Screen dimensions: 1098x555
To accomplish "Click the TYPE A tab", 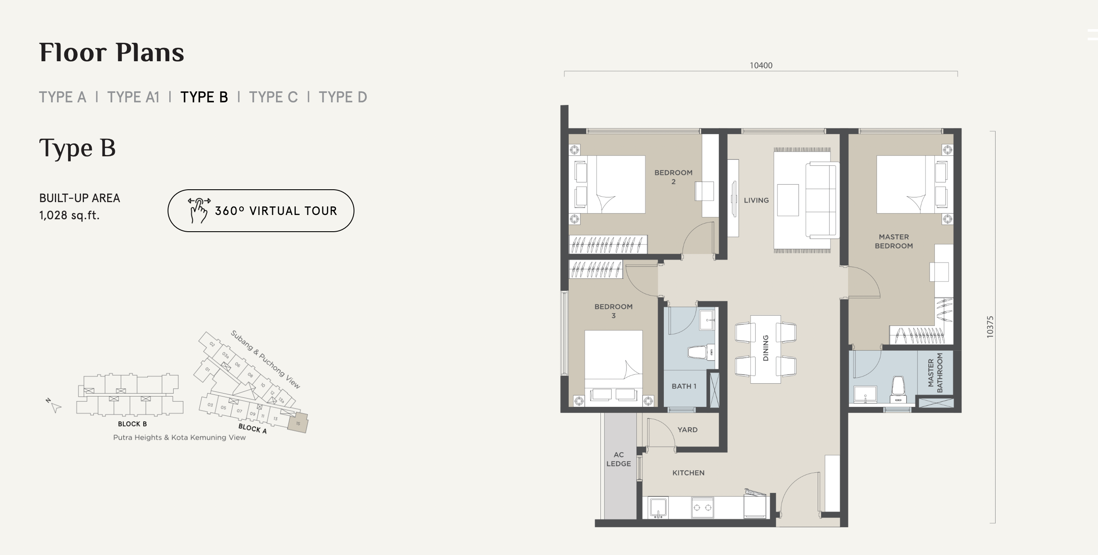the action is (x=63, y=97).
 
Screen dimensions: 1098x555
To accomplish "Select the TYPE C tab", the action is (x=273, y=97).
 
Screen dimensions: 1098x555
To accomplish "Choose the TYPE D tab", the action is (x=343, y=97).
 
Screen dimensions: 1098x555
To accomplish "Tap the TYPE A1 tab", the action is (x=133, y=97).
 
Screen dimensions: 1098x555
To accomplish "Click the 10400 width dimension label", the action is (x=761, y=66).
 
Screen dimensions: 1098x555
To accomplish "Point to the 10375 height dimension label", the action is (x=990, y=327).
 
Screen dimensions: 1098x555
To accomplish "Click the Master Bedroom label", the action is (x=894, y=241).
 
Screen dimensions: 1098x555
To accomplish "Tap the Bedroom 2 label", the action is (x=673, y=177).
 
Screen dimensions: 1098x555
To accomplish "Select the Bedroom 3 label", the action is (x=613, y=311).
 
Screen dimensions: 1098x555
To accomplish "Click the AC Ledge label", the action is (x=618, y=459).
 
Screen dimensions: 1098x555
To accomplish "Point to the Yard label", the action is (x=687, y=430).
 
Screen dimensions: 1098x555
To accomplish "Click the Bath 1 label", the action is (x=684, y=386).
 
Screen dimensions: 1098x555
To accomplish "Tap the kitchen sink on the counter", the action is (x=658, y=508).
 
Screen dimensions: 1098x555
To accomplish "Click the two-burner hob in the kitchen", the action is (x=702, y=507).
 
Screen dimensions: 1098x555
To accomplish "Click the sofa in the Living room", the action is (x=822, y=200).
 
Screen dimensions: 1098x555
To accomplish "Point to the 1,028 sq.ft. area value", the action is (x=69, y=215).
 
